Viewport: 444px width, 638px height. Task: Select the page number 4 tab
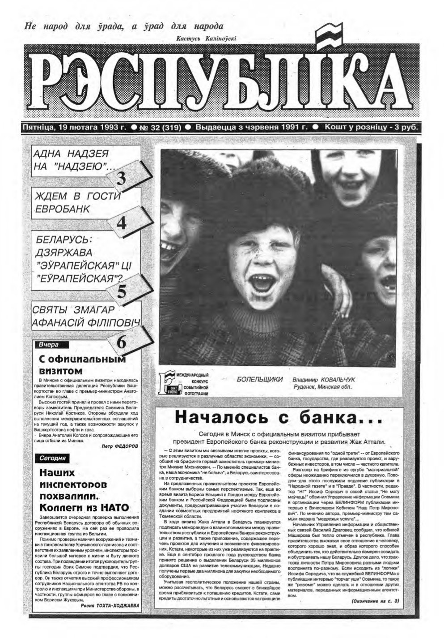122,222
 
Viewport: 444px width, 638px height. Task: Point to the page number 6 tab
122,342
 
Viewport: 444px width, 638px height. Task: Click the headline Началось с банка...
278,417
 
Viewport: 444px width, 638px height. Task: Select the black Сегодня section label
53,458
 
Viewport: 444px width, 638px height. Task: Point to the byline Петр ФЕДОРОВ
120,446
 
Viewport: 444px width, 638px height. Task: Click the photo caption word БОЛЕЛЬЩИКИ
260,379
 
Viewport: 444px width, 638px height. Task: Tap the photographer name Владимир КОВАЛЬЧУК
325,379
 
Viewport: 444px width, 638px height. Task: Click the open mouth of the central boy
259,283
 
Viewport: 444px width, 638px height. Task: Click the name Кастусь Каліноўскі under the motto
206,39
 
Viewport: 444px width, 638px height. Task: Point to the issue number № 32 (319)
160,127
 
